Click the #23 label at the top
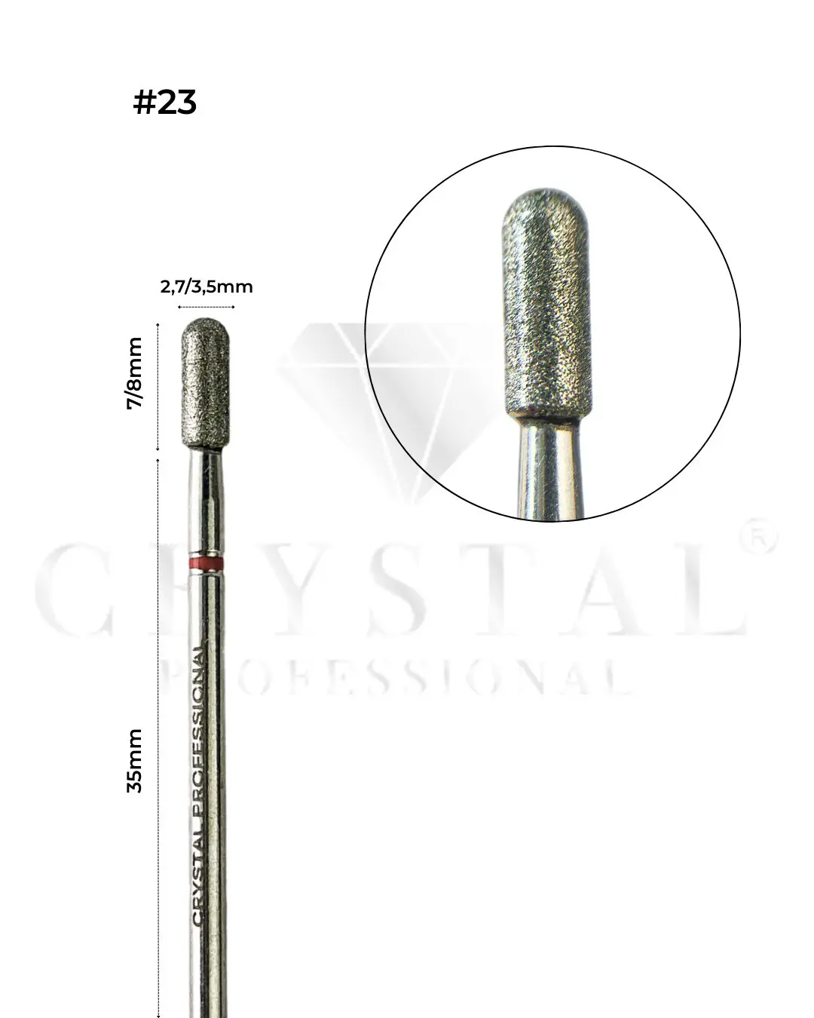164,102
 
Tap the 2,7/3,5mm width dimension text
207,287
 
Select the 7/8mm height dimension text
135,383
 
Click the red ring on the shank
206,564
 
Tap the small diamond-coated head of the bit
206,385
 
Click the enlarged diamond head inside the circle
548,302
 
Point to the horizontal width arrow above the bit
207,307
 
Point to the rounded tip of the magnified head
547,200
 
